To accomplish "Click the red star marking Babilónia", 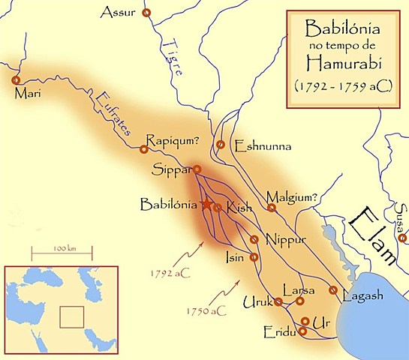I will [206, 204].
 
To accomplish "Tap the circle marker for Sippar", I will [197, 169].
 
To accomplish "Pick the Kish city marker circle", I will [218, 208].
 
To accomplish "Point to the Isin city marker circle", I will [254, 256].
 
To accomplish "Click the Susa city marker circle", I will [403, 238].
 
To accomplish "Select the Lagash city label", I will [362, 295].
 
